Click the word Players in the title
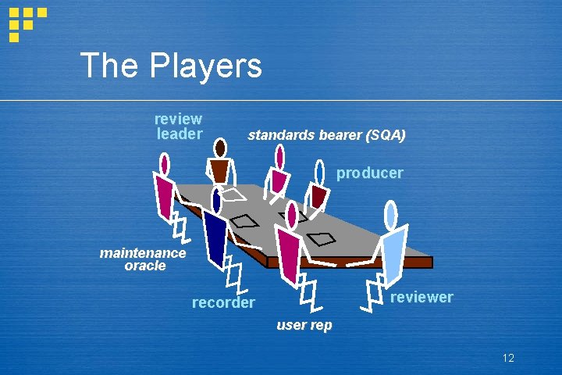212,66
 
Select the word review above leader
178,120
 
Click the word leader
180,134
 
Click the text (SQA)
385,135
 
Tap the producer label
369,173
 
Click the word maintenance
143,252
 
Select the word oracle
145,266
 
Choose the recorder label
223,302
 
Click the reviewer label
421,298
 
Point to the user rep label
304,325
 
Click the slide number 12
508,358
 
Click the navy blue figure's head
216,201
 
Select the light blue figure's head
391,215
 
